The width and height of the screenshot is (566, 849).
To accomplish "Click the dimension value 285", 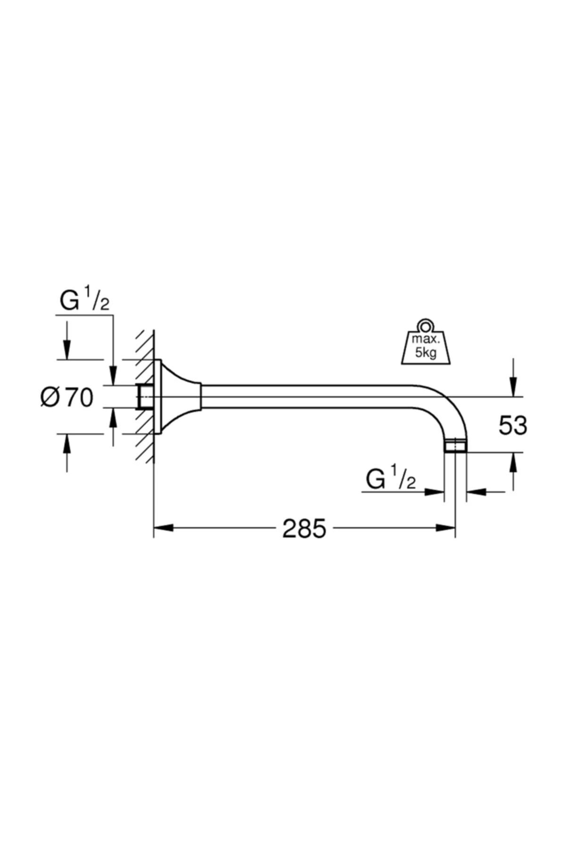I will click(304, 529).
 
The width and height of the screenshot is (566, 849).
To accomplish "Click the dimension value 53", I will click(513, 426).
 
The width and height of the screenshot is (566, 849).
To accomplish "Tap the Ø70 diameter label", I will click(67, 398).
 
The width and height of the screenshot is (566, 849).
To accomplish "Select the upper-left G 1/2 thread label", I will click(84, 301).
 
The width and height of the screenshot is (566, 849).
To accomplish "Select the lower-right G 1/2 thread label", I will click(391, 480).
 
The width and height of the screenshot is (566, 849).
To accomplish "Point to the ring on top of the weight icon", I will click(426, 325).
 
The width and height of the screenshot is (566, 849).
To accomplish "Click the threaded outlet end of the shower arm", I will click(456, 446).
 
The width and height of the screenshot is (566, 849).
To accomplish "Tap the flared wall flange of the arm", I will click(177, 397).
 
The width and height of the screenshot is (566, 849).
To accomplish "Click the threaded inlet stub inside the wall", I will click(144, 397).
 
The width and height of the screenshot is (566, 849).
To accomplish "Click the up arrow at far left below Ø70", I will click(67, 443).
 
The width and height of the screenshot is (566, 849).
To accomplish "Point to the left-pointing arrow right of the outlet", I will click(476, 492).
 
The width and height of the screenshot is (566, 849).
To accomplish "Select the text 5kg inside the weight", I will click(426, 354).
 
